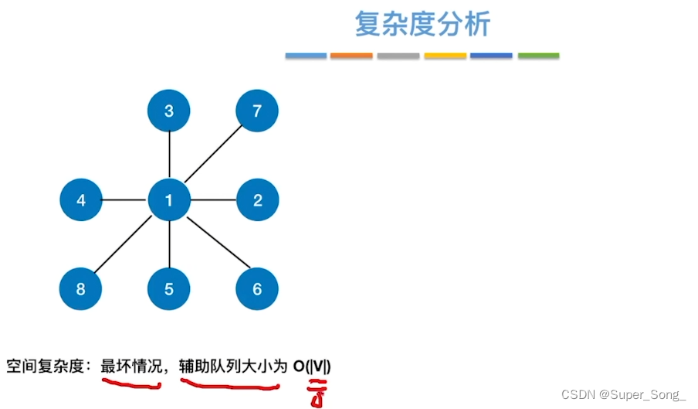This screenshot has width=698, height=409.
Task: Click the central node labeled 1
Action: point(169,201)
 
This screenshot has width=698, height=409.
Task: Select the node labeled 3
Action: point(169,111)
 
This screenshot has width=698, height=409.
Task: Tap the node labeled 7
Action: point(257,111)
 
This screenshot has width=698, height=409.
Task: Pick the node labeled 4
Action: point(81,201)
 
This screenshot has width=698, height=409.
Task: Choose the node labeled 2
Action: point(257,201)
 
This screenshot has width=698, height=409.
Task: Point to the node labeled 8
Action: point(81,290)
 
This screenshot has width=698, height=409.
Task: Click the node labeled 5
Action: point(169,290)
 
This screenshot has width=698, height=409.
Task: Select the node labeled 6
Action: point(257,290)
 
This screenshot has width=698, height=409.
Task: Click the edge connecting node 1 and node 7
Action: point(213,155)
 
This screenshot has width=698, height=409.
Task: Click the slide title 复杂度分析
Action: point(422,25)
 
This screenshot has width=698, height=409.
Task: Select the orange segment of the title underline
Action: point(351,56)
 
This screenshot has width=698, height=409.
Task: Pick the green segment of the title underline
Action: point(538,56)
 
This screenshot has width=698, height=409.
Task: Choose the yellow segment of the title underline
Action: point(446,56)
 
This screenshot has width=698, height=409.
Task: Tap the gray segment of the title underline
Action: point(398,56)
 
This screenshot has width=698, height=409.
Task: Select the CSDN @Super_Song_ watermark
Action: point(623,394)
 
